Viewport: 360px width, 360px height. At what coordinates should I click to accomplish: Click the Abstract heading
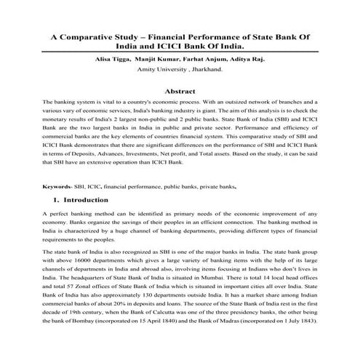click(180, 92)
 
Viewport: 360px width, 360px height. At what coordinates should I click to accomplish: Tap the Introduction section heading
click(85, 199)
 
